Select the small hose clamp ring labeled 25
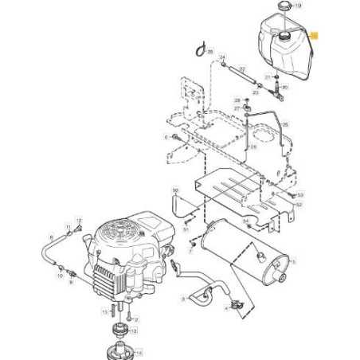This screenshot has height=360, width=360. [198, 51]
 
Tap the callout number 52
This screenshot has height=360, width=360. [299, 205]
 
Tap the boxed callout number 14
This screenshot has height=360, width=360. [139, 352]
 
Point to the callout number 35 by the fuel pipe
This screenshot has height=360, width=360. [284, 125]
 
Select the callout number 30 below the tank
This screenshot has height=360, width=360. [285, 86]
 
